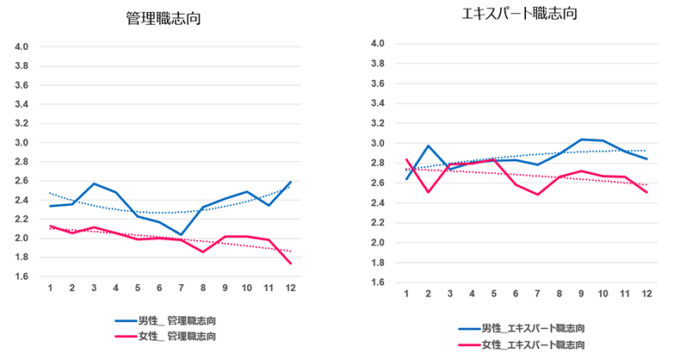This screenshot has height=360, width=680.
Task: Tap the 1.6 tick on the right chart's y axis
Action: [x=376, y=282]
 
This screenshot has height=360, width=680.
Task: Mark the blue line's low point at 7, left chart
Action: [x=182, y=234]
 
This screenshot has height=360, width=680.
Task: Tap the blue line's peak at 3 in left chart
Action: [x=93, y=183]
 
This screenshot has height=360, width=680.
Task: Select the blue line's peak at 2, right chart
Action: [x=429, y=146]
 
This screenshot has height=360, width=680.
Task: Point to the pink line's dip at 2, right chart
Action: [x=429, y=192]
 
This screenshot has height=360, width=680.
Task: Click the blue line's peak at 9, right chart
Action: [x=581, y=140]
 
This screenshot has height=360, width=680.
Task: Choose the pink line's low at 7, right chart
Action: [x=537, y=195]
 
